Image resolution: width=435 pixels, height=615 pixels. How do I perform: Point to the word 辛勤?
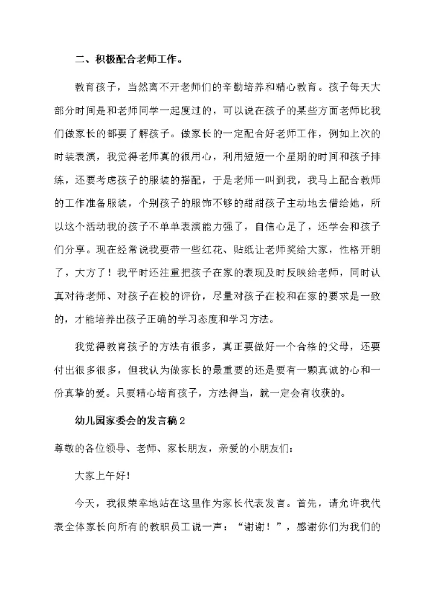[x=235, y=86]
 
